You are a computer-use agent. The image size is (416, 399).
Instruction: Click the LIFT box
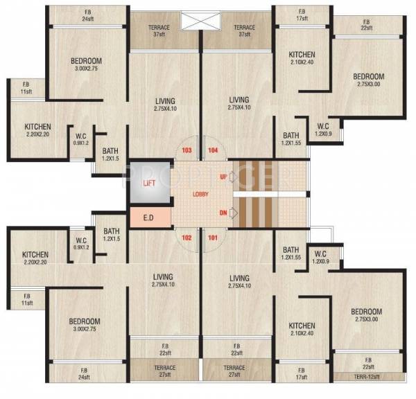coord(148,183)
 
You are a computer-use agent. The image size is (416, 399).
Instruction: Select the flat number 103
coord(186,150)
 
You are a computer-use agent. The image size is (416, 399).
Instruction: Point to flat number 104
coord(213,150)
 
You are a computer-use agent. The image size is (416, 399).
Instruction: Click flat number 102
coord(186,238)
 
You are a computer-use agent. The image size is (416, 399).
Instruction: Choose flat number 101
coord(212,238)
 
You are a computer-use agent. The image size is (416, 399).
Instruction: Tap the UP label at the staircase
coord(223,177)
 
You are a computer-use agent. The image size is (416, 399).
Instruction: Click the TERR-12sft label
coord(367,377)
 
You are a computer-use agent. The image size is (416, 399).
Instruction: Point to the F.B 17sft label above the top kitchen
coord(302,15)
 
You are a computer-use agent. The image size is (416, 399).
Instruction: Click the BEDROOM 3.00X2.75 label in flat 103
coord(87,64)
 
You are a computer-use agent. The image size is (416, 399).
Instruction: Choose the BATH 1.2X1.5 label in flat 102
coord(111,235)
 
